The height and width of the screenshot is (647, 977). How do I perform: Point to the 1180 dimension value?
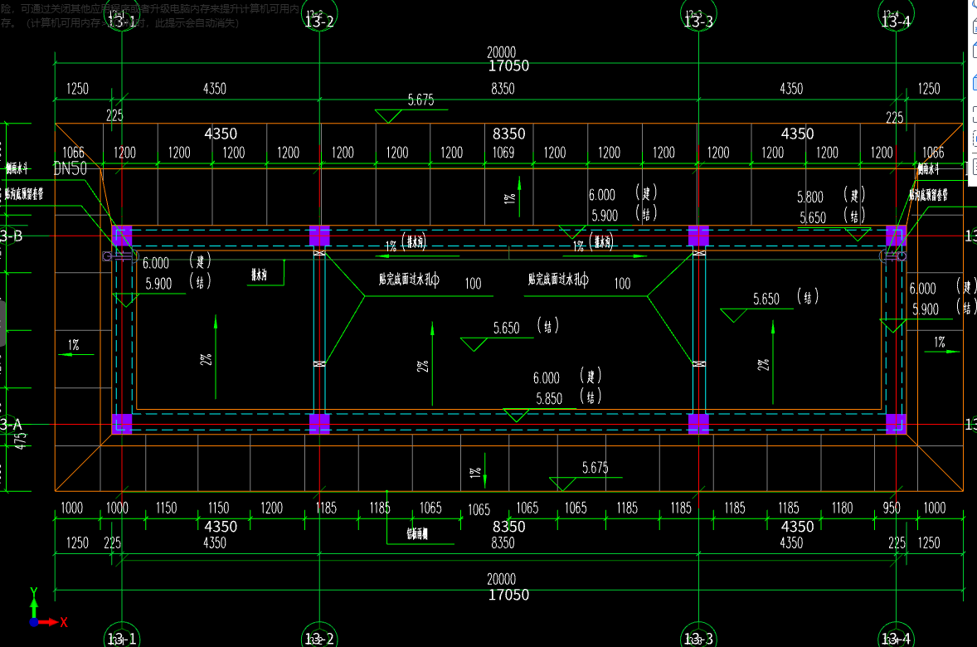(x=842, y=508)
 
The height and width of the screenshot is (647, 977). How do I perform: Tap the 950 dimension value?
(x=892, y=508)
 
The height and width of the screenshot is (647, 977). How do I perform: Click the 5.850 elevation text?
(x=549, y=398)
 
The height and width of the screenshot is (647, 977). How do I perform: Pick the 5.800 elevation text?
(x=810, y=197)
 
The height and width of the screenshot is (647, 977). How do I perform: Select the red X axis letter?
(x=63, y=621)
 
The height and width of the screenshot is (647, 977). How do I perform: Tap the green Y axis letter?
(x=34, y=592)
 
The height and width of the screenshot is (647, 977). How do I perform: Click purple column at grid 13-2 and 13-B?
(x=319, y=236)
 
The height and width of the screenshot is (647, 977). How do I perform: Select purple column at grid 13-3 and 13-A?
(x=698, y=424)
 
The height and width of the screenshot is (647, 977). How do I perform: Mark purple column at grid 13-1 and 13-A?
(x=122, y=424)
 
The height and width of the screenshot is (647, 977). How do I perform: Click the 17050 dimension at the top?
(x=508, y=66)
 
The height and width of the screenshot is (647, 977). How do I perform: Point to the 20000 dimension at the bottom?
(x=501, y=579)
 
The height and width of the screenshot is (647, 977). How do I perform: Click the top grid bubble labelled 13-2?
(x=319, y=20)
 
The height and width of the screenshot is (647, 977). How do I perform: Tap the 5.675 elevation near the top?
(x=420, y=100)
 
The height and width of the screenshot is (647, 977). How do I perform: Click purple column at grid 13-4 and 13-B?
(x=896, y=236)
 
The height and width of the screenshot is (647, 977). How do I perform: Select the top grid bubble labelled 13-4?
(x=896, y=20)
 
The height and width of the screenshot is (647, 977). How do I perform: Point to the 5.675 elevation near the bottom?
(x=595, y=468)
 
